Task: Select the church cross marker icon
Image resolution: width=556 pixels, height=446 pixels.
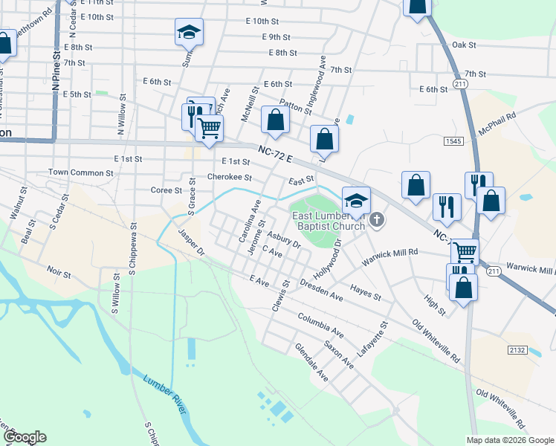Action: point(378,219)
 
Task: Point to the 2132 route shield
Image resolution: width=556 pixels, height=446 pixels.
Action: point(517,349)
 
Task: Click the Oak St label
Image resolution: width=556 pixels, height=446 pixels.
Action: point(463,45)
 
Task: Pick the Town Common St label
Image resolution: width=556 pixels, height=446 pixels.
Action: point(81,172)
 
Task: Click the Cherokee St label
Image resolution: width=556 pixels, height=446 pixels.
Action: point(230,178)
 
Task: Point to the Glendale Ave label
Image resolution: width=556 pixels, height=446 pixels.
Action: point(311,361)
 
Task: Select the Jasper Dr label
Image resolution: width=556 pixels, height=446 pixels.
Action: point(191,242)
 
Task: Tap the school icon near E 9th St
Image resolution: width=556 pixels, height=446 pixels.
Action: point(189,33)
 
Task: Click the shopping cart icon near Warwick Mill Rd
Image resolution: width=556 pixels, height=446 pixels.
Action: point(465,251)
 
